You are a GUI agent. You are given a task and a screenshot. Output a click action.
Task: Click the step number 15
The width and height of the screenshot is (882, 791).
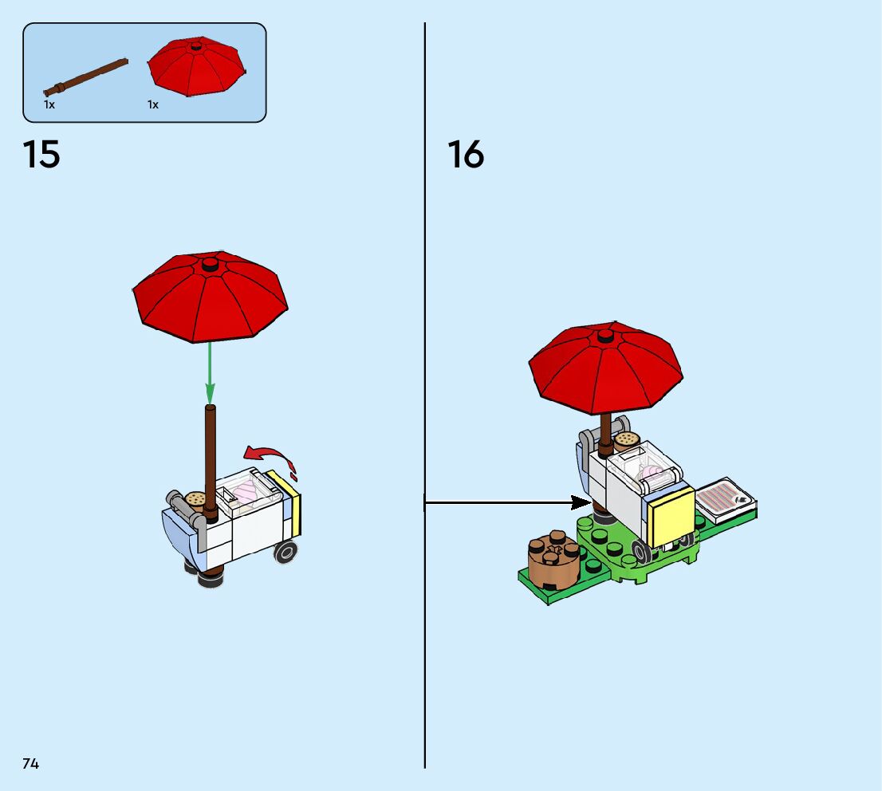click(41, 154)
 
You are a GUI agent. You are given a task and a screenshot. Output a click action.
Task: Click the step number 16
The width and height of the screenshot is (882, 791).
click(466, 154)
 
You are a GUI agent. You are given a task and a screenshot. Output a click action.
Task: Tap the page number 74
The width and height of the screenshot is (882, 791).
click(30, 764)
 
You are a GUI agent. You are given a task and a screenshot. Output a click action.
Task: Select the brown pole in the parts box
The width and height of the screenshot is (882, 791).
click(86, 76)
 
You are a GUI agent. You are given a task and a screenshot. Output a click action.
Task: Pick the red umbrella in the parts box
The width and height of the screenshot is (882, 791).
click(196, 66)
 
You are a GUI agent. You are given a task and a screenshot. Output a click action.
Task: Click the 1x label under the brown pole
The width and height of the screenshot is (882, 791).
click(49, 104)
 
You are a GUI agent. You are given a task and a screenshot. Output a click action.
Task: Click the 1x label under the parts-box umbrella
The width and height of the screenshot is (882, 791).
click(153, 104)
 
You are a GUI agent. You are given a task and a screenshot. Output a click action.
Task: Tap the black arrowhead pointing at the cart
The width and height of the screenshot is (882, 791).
click(581, 502)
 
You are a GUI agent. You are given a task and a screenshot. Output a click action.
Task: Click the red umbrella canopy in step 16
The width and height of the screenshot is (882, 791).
click(605, 367)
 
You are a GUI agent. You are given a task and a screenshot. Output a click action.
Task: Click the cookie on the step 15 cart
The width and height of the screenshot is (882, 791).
click(195, 499)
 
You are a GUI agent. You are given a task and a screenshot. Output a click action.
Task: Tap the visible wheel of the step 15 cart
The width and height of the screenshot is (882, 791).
click(285, 550)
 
